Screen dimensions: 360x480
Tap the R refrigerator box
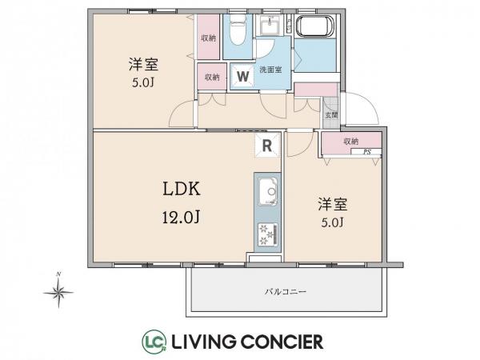[266, 145]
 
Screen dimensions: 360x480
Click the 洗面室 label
[270, 70]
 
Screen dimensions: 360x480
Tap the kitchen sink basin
[266, 193]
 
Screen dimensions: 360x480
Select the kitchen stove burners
[266, 233]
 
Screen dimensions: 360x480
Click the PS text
[367, 150]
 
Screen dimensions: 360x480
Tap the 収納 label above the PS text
[351, 142]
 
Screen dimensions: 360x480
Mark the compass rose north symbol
[59, 293]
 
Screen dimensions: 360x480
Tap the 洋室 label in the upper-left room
[140, 64]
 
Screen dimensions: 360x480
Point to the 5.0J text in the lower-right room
[333, 222]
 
